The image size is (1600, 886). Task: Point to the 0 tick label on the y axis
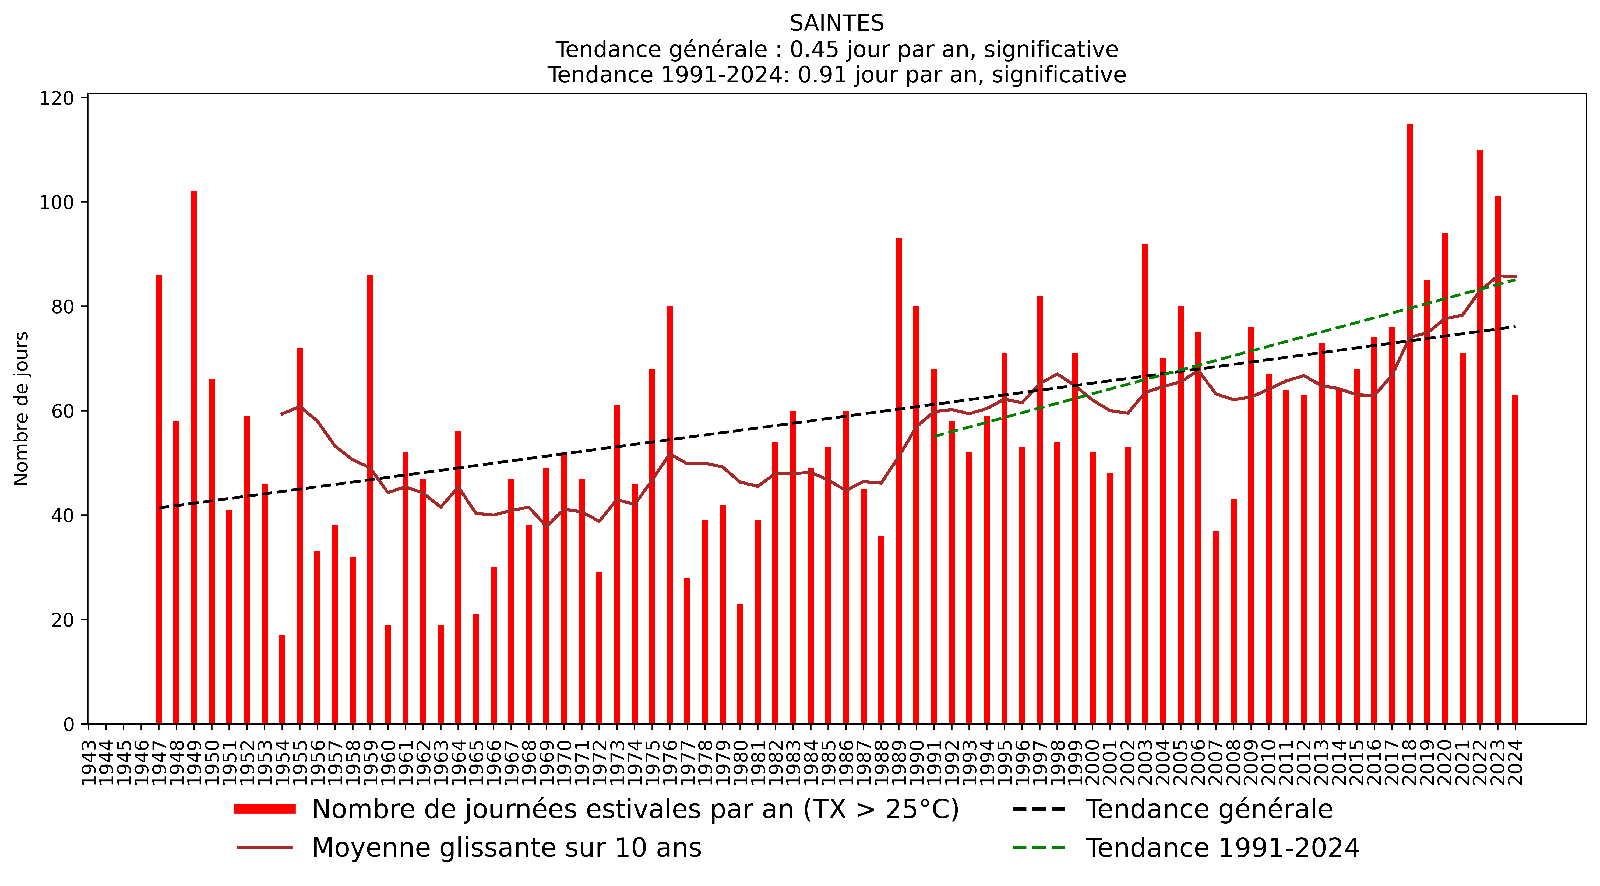(68, 725)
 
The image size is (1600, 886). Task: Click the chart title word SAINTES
(836, 24)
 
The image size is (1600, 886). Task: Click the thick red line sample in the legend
(265, 809)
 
